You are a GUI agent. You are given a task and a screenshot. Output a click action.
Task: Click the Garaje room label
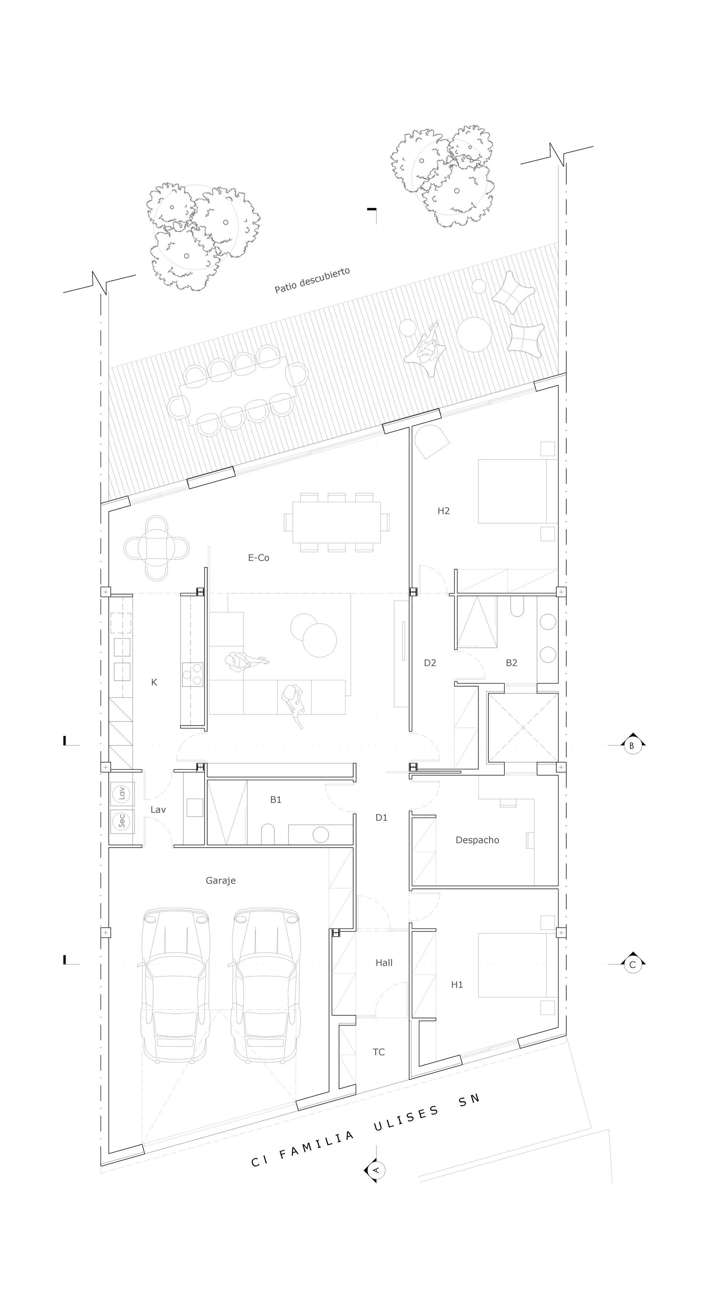221,881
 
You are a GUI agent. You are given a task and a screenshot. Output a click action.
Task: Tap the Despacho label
477,840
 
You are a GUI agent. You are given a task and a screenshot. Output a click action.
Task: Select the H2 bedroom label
443,511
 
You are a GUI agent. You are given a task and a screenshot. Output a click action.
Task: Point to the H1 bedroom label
457,985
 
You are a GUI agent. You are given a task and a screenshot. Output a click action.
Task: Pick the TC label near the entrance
379,1052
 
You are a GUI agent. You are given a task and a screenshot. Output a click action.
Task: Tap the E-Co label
258,558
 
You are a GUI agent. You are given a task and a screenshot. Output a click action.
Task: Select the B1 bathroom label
276,799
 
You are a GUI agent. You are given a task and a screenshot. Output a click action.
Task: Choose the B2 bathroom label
511,662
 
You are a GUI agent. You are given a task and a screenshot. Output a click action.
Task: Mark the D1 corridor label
381,818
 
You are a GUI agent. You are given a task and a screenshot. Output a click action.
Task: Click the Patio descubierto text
312,280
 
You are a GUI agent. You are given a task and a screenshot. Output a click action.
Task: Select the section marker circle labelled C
632,965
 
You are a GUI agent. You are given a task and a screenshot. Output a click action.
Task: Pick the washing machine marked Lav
121,794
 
